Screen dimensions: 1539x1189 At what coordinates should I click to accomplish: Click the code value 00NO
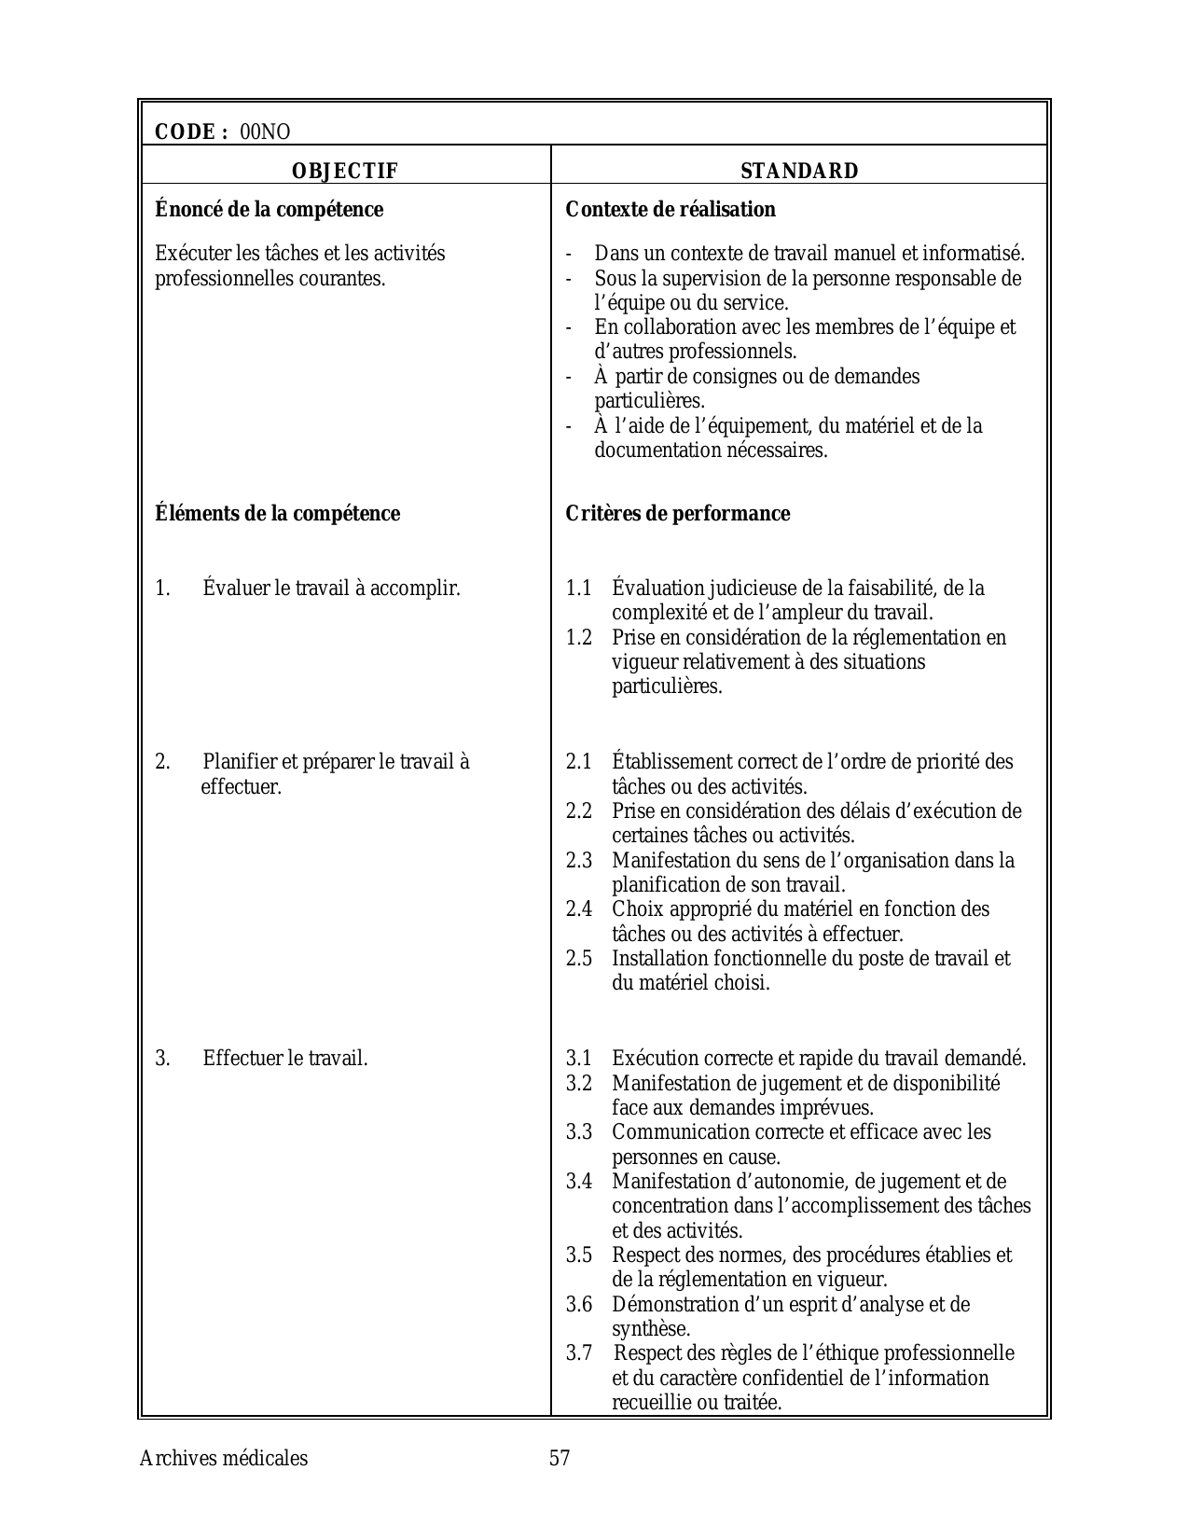point(265,132)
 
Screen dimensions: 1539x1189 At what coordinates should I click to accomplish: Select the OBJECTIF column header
point(345,171)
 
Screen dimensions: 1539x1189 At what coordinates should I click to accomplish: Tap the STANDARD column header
point(799,171)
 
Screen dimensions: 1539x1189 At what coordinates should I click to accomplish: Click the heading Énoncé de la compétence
point(269,210)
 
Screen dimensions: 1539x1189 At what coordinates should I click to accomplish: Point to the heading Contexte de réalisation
point(671,210)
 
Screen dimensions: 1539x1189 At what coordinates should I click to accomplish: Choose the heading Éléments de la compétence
point(277,514)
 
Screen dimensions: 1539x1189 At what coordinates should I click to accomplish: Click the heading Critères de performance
point(678,514)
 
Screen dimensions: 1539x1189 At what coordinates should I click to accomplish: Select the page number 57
point(560,1459)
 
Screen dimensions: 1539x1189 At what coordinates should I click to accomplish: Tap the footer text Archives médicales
point(223,1459)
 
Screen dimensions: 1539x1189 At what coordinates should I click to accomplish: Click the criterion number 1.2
point(578,638)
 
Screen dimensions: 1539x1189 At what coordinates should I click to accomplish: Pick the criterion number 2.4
point(578,909)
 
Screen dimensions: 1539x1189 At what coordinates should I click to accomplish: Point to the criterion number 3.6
point(578,1305)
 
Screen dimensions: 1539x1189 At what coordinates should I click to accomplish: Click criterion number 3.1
point(578,1059)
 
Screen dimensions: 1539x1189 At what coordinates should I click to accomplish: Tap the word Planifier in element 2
point(238,762)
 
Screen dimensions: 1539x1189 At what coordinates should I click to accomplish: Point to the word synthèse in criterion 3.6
point(650,1329)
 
